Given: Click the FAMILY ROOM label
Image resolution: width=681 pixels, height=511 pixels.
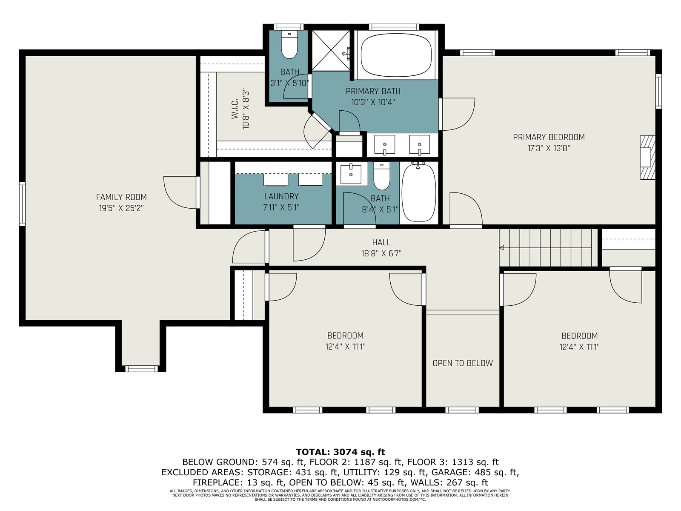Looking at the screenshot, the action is point(121,197).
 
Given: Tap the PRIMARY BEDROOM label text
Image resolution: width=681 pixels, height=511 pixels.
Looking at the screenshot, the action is point(549,137).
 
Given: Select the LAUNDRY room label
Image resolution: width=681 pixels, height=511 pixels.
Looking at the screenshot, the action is point(281,196).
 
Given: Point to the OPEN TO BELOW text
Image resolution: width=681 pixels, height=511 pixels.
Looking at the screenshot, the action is point(463,363).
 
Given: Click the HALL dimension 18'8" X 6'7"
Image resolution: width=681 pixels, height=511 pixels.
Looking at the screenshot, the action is point(381,253).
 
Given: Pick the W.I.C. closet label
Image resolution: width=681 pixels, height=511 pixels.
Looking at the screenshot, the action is point(235,109).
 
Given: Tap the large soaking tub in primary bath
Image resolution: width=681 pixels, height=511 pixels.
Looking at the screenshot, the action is point(396,55).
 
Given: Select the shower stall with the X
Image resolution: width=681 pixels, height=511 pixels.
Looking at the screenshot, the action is point(331,50).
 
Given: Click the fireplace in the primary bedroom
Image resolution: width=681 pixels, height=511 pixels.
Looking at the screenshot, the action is point(648,157).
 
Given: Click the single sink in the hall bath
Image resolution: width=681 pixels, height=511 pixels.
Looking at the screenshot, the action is point(351,175).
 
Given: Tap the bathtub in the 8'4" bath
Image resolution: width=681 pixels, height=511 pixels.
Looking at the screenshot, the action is point(419,192).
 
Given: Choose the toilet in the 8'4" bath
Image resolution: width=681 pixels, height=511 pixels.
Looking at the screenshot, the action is point(382,176).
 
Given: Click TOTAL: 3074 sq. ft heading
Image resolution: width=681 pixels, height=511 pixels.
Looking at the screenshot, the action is point(340,452).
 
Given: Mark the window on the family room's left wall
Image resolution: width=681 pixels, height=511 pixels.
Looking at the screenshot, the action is point(22,204).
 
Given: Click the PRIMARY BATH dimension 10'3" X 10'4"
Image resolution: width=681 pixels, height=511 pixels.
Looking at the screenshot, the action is point(373,102).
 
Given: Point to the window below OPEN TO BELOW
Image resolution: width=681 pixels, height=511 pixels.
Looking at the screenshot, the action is point(462,410).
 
